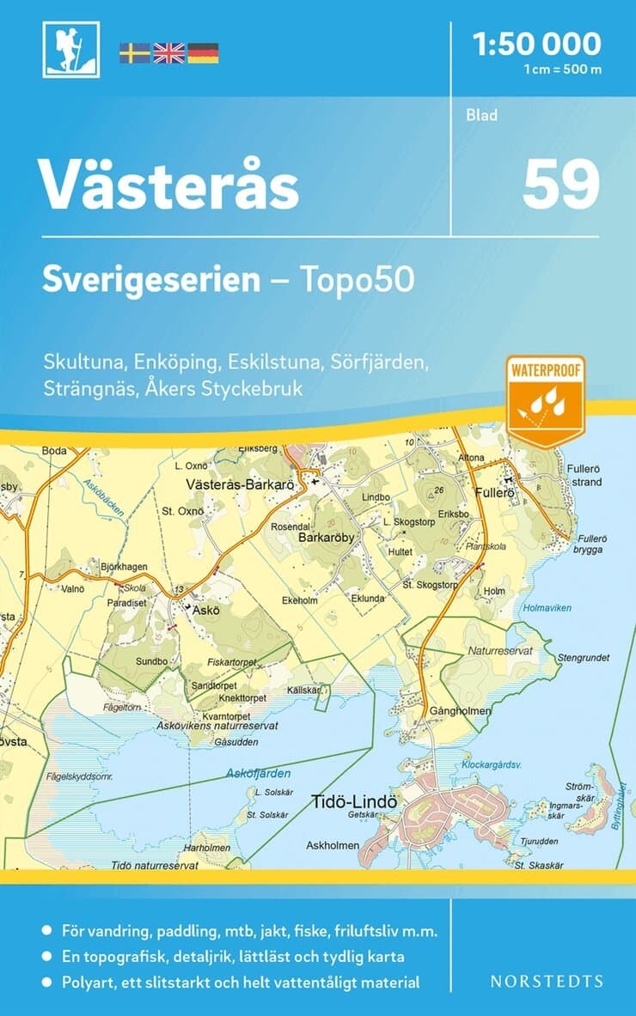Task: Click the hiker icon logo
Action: pyautogui.click(x=70, y=49)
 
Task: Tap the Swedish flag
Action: pyautogui.click(x=134, y=53)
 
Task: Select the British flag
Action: pyautogui.click(x=168, y=53)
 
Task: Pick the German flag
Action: pyautogui.click(x=203, y=53)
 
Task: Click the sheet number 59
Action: pyautogui.click(x=560, y=184)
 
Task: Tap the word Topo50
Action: pyautogui.click(x=357, y=279)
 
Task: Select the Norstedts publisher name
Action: pyautogui.click(x=547, y=981)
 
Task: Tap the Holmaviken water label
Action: pyautogui.click(x=547, y=608)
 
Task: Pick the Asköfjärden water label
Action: pyautogui.click(x=254, y=773)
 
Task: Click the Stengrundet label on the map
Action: pyautogui.click(x=584, y=658)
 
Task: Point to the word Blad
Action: pyautogui.click(x=482, y=115)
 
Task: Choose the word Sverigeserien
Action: pyautogui.click(x=151, y=279)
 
